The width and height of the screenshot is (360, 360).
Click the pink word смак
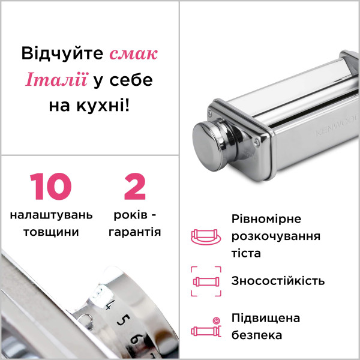(x=133, y=54)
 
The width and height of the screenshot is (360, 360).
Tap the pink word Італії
(x=57, y=79)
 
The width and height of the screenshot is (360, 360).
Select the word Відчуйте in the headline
(x=62, y=54)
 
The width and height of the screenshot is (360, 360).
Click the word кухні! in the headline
(x=103, y=106)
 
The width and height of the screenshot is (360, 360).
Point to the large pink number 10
(x=51, y=186)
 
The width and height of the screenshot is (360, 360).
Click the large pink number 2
(x=135, y=186)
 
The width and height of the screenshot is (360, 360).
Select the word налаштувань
(x=51, y=215)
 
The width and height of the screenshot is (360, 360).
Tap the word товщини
(x=51, y=232)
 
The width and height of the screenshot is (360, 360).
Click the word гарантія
(x=135, y=232)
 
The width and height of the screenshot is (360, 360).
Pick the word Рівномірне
(x=266, y=219)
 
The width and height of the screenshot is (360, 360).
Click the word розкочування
(x=276, y=236)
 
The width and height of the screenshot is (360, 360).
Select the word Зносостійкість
(x=278, y=281)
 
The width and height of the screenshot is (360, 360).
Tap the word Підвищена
(x=266, y=319)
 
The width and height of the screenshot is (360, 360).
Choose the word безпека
(x=257, y=335)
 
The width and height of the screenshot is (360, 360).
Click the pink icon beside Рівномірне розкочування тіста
(x=206, y=236)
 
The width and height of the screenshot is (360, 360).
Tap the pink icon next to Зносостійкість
(x=206, y=281)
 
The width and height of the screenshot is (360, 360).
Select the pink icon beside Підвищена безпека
(x=206, y=328)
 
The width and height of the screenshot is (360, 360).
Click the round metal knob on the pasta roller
(x=209, y=146)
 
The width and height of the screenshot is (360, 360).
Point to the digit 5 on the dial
(x=123, y=320)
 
